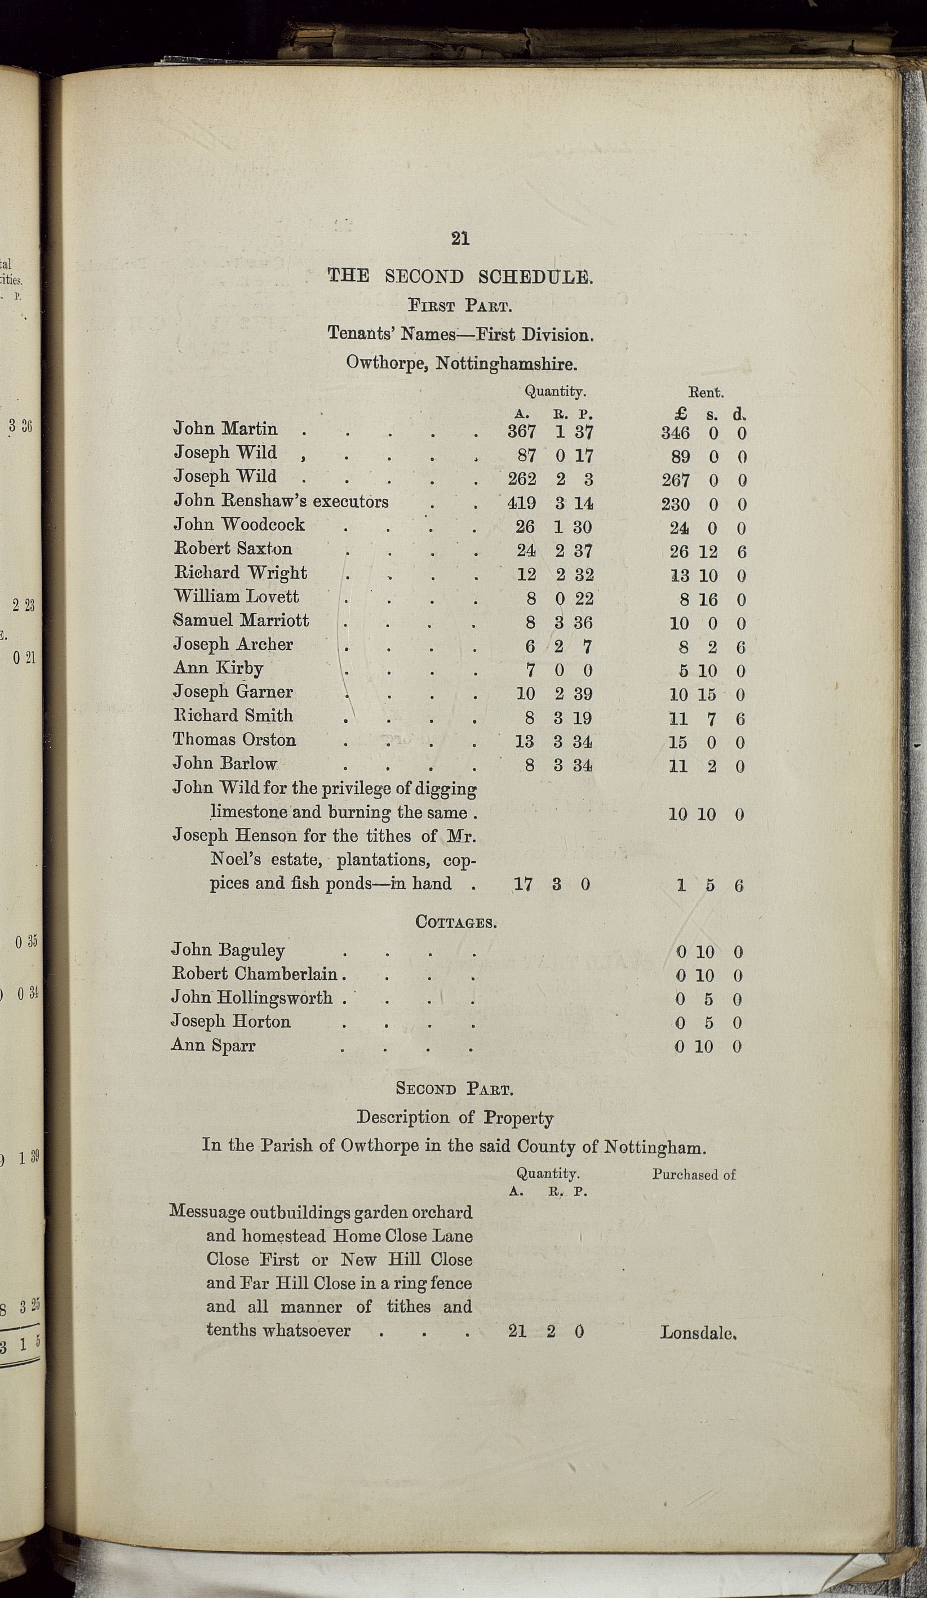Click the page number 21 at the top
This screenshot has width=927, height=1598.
tap(460, 238)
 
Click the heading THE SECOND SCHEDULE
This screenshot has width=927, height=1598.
tap(460, 276)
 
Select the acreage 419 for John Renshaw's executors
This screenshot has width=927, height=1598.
tap(522, 503)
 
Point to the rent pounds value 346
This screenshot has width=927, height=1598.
tap(675, 433)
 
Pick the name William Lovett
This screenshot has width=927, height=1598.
tap(236, 596)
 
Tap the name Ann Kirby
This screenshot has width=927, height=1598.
tap(218, 668)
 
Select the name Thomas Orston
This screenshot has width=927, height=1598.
tap(234, 739)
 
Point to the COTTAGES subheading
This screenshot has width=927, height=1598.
tap(455, 922)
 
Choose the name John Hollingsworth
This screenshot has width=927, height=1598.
tap(252, 997)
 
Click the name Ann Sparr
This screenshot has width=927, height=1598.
tap(213, 1045)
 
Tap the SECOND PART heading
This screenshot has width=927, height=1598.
tap(454, 1089)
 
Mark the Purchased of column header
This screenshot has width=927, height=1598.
tap(694, 1174)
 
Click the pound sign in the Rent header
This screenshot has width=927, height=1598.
tap(682, 414)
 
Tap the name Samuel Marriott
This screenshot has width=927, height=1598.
tap(241, 620)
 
